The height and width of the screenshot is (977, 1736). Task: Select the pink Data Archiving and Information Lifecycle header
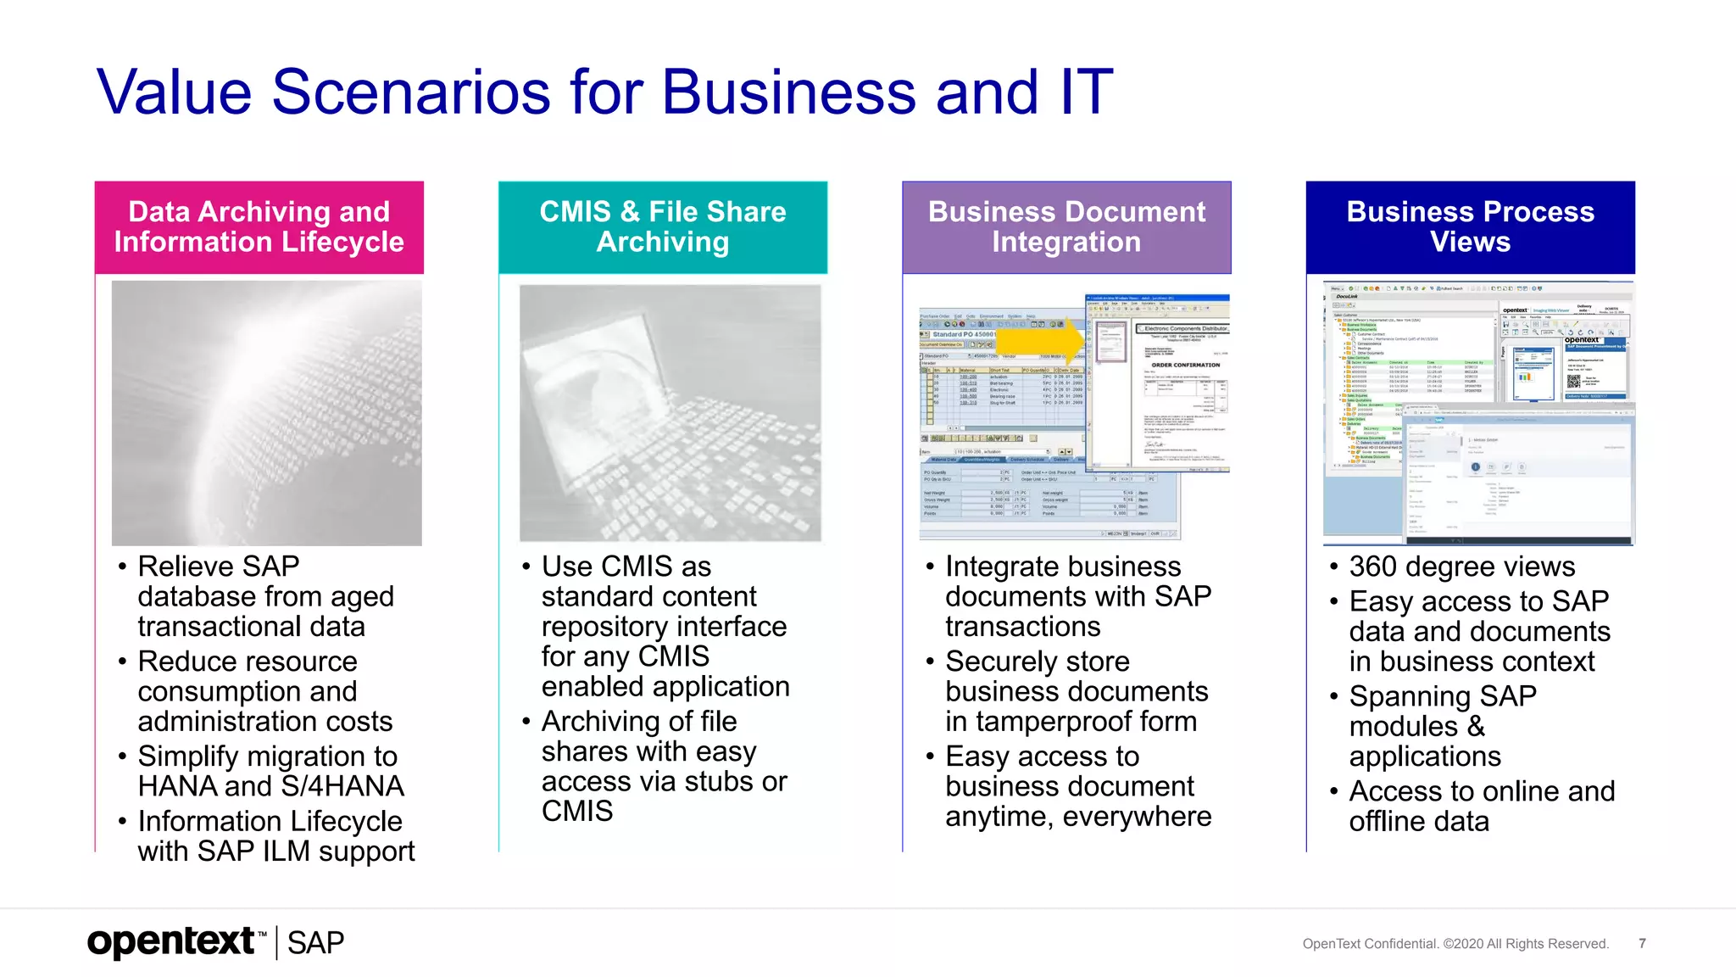tap(259, 226)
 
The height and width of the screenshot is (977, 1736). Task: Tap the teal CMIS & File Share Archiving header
tap(663, 226)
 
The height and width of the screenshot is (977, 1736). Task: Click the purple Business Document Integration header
tap(1066, 226)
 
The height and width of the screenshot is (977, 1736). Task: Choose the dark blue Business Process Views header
tap(1470, 226)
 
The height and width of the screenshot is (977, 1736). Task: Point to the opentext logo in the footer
tap(172, 941)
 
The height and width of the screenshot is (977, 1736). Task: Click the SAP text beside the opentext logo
tap(315, 943)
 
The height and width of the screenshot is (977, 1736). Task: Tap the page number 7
tap(1642, 943)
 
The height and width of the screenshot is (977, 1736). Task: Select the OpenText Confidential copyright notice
tap(1455, 944)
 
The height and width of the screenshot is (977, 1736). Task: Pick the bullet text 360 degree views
tap(1461, 567)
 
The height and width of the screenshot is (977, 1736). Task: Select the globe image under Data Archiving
tap(266, 413)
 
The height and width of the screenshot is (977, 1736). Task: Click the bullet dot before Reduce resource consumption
tap(123, 662)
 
